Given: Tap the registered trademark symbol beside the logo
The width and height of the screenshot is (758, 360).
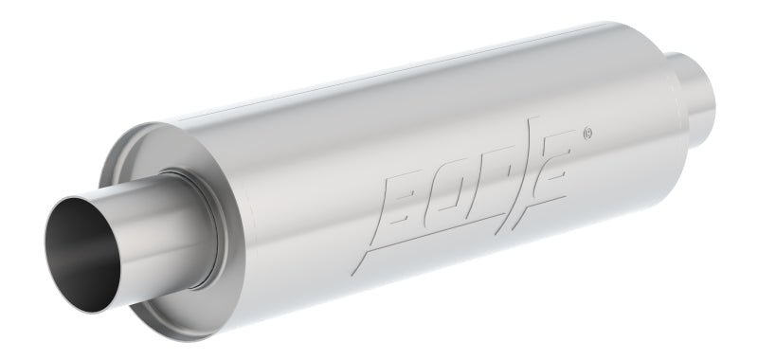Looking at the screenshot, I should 587,132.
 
